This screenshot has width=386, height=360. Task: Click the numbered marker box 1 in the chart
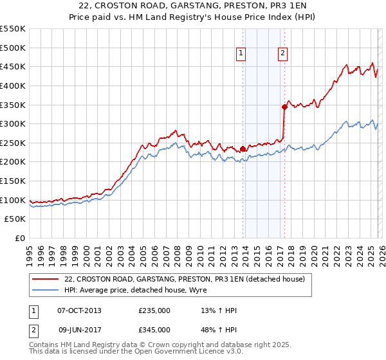point(241,54)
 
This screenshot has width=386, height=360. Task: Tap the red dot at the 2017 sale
point(284,107)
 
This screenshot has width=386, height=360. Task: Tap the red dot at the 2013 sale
point(243,148)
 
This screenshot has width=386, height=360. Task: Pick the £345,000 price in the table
point(154,330)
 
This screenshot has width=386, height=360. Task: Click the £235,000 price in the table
point(154,310)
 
